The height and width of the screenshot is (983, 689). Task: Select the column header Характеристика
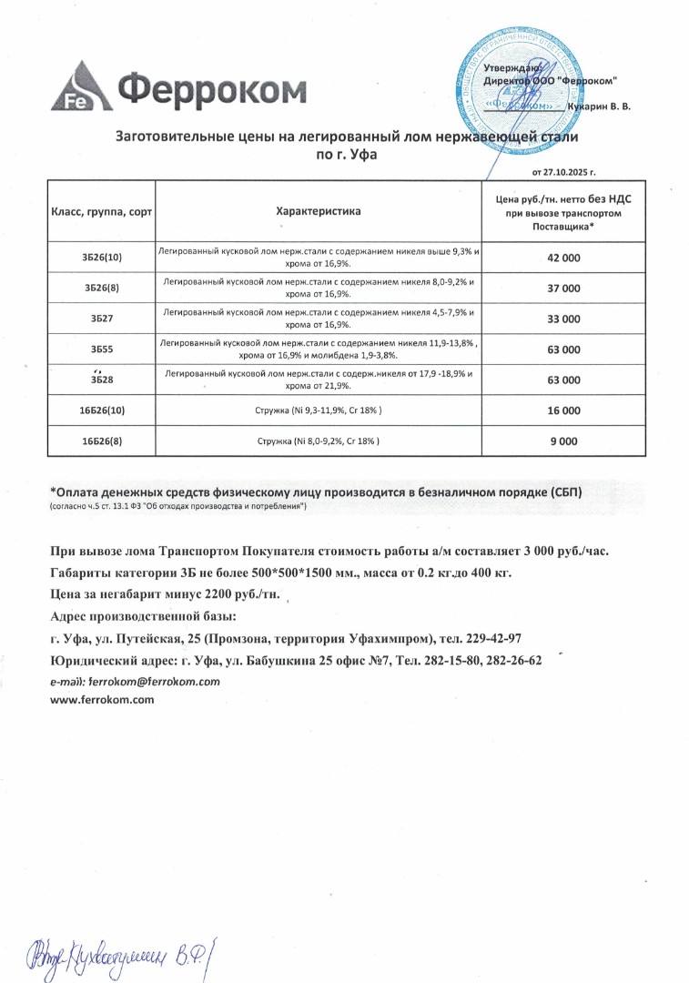(318, 211)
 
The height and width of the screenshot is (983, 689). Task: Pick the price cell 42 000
(563, 258)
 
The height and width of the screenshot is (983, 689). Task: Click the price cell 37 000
(563, 289)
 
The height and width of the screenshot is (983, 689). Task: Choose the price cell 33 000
(563, 319)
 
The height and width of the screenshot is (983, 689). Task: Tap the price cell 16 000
(563, 410)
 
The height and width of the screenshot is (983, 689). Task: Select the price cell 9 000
(563, 441)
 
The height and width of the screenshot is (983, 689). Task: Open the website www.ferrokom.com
(102, 700)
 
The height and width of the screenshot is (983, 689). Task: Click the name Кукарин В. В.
(598, 106)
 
